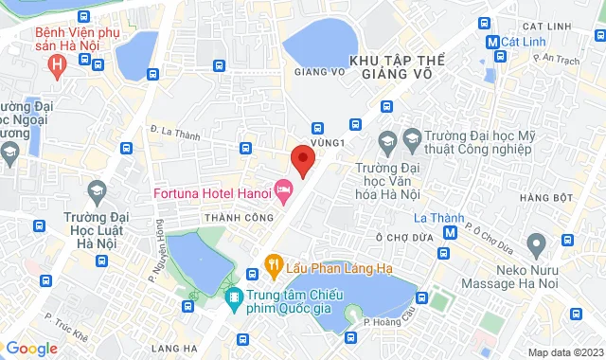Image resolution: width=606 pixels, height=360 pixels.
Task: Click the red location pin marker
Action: [302, 159]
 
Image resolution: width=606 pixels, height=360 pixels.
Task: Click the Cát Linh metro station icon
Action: [492, 43]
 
